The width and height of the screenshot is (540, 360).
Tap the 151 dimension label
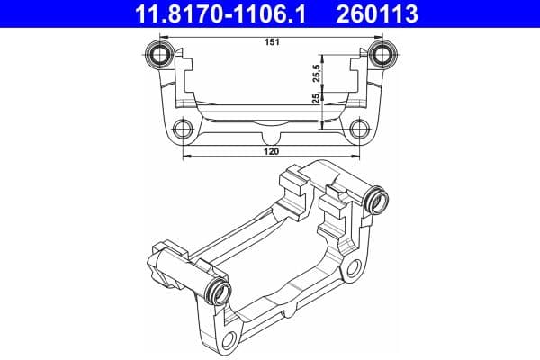(x=270, y=41)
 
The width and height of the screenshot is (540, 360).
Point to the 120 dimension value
(x=272, y=152)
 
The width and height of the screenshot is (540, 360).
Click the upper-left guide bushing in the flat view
(x=162, y=55)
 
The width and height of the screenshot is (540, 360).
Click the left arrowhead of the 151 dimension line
(x=166, y=37)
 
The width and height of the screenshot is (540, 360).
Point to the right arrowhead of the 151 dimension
(x=378, y=37)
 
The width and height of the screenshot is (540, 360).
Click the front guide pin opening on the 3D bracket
(x=219, y=291)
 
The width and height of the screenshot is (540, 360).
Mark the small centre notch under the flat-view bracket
(x=272, y=138)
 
